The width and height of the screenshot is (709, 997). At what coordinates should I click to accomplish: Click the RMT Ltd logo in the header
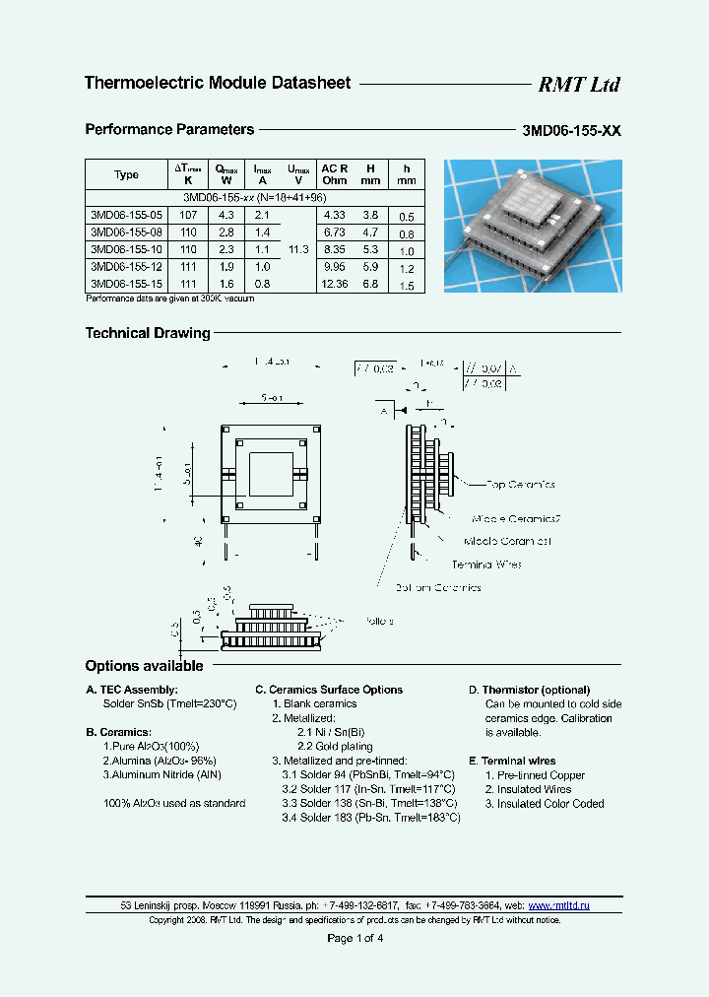(x=578, y=85)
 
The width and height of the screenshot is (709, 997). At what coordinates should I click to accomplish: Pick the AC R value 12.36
(x=334, y=284)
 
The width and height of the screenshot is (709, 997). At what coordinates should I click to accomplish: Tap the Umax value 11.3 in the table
(x=300, y=249)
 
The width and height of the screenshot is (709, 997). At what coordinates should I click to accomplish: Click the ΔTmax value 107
(x=188, y=214)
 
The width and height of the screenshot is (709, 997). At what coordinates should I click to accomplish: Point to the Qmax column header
(x=226, y=174)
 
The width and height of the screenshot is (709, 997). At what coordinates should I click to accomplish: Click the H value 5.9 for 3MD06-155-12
(x=370, y=267)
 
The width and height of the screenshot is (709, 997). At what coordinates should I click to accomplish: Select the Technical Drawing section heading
(x=148, y=333)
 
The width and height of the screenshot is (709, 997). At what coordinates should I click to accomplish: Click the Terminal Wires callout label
(x=486, y=565)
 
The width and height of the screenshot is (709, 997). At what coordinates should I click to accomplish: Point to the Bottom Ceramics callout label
(x=438, y=587)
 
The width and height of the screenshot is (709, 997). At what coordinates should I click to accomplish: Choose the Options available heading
(x=144, y=666)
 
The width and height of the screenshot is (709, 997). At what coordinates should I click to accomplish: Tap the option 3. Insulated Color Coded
(x=544, y=804)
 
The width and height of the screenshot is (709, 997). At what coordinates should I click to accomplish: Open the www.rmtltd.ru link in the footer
(x=559, y=904)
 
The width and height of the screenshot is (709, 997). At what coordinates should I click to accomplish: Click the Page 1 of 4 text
(x=354, y=938)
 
